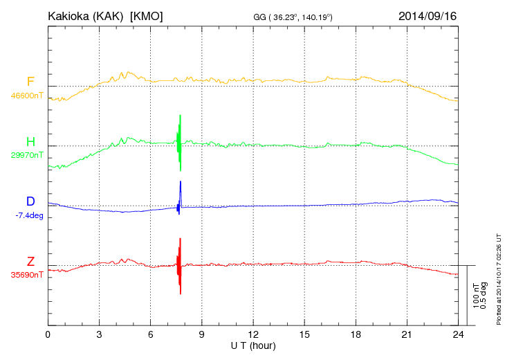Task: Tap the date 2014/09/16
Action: [x=428, y=15]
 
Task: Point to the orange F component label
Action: [x=30, y=82]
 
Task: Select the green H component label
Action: [x=30, y=142]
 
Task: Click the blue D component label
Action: [x=30, y=201]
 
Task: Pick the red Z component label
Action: [x=30, y=261]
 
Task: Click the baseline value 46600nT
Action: [x=27, y=96]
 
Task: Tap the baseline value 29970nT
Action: [x=27, y=155]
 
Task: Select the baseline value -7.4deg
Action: [x=29, y=215]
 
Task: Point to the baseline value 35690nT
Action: [x=27, y=275]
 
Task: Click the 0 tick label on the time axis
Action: [x=48, y=334]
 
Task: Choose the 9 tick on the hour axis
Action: [x=201, y=334]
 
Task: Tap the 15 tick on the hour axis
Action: [x=304, y=334]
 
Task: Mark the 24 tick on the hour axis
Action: [x=457, y=334]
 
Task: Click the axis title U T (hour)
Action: [x=253, y=345]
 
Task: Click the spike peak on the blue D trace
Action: [x=181, y=183]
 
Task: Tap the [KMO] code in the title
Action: [x=147, y=15]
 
